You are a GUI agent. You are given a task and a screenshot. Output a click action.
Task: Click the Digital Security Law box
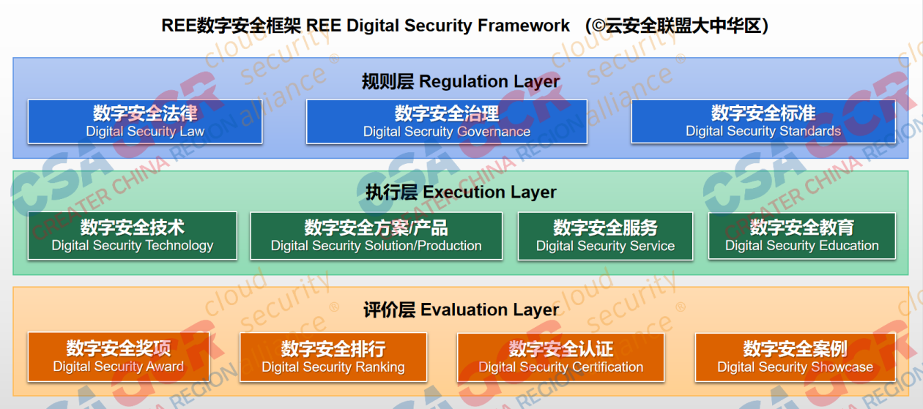[x=145, y=121]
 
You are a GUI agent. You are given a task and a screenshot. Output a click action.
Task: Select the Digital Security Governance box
[x=447, y=121]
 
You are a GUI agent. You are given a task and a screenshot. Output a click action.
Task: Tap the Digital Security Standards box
[x=763, y=121]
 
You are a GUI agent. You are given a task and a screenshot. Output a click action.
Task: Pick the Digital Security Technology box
[x=133, y=236]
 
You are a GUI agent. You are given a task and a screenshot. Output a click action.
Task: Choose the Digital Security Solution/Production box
[x=377, y=236]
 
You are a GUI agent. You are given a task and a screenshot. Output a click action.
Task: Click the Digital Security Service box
[x=605, y=236]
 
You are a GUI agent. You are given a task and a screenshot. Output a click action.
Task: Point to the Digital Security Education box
[x=802, y=236]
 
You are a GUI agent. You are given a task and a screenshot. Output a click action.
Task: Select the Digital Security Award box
[x=119, y=357]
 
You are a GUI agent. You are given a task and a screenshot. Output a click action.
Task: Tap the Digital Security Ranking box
[x=333, y=357]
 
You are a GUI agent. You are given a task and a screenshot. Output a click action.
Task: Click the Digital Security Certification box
[x=561, y=357]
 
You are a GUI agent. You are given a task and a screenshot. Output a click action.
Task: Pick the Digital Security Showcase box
[x=796, y=357]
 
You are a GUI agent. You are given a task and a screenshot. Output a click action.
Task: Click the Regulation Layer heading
[x=461, y=81]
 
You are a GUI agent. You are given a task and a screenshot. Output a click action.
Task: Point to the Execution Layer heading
[x=461, y=192]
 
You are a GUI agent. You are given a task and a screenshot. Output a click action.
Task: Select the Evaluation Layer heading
[x=461, y=309]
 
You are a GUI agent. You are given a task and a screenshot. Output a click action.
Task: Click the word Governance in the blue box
[x=494, y=132]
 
